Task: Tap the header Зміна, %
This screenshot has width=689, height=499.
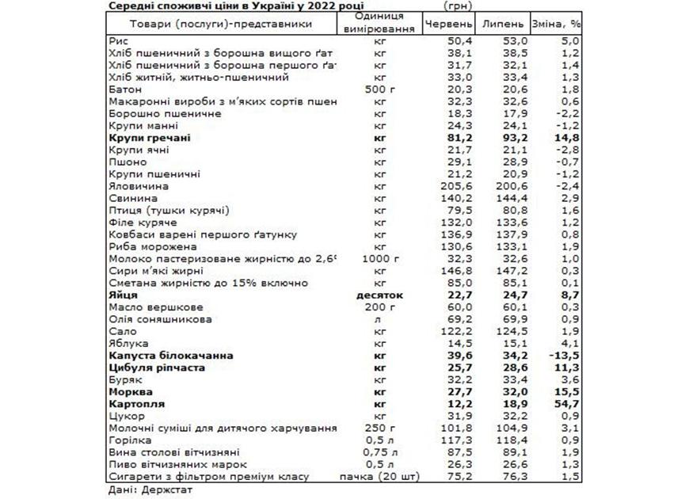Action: (557, 24)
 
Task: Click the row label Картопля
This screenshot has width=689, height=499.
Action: (131, 403)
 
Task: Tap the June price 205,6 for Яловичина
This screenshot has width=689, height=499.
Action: (459, 185)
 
